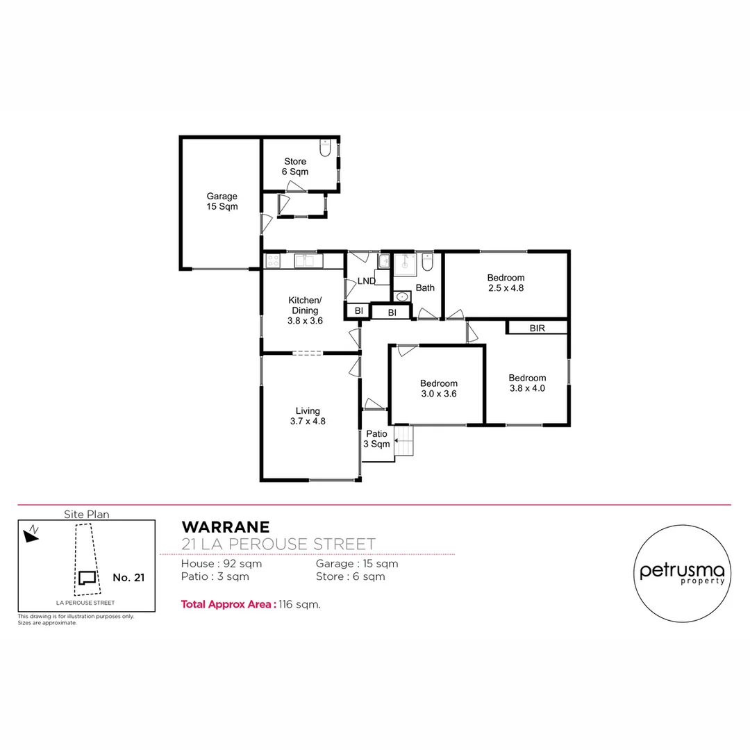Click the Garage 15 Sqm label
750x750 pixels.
click(222, 201)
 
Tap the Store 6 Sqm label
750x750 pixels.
click(294, 167)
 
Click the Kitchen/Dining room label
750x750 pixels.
click(305, 310)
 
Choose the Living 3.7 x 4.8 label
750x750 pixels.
click(308, 415)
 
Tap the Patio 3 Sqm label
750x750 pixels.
click(377, 439)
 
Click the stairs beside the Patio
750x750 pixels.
click(403, 442)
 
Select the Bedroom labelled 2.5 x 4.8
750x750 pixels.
click(506, 283)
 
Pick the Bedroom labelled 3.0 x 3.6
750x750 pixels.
click(438, 388)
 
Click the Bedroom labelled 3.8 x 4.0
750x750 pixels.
click(526, 383)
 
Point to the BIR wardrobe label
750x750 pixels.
click(537, 328)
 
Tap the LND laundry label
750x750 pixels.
click(366, 281)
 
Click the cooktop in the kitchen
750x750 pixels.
click(272, 261)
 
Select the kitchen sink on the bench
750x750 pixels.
click(306, 261)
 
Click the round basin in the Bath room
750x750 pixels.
click(402, 297)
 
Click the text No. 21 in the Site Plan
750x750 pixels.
click(128, 577)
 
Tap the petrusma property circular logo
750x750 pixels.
click(682, 574)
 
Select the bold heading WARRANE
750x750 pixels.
click(220, 527)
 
